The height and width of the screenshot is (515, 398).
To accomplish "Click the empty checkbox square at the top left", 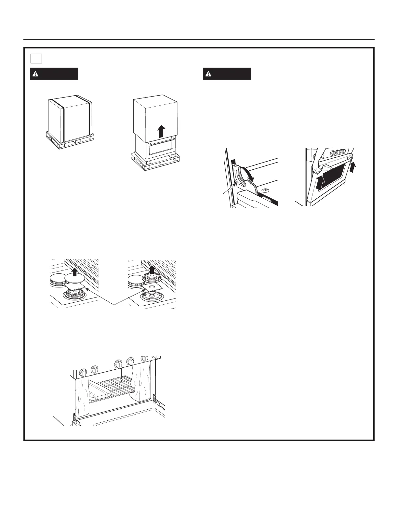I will [x=36, y=58].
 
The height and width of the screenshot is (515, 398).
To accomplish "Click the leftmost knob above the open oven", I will [x=83, y=372].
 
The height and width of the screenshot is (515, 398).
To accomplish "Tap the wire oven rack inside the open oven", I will [x=114, y=387].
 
